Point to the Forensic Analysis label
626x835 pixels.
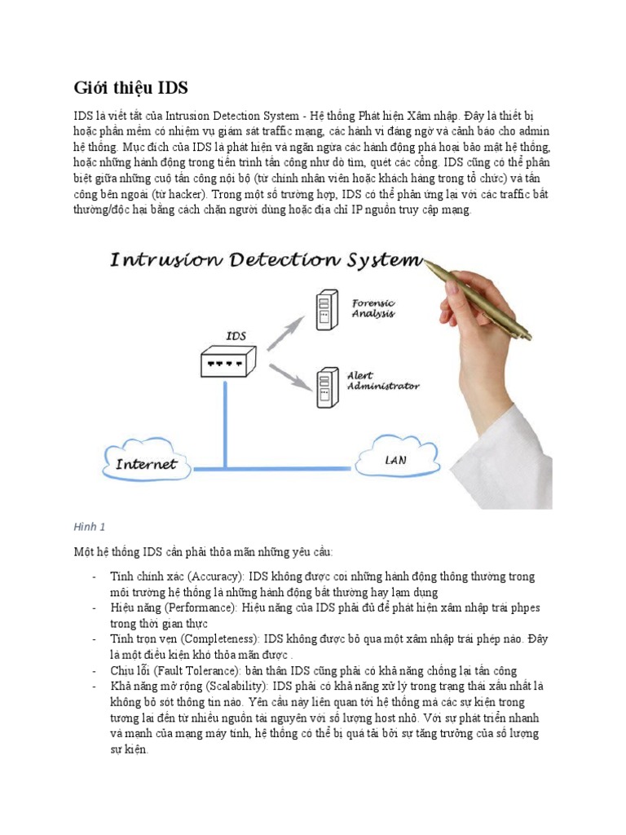(373, 307)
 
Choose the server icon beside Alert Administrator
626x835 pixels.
(326, 387)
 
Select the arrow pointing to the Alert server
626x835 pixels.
(287, 376)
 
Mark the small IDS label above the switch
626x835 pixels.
(236, 335)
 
